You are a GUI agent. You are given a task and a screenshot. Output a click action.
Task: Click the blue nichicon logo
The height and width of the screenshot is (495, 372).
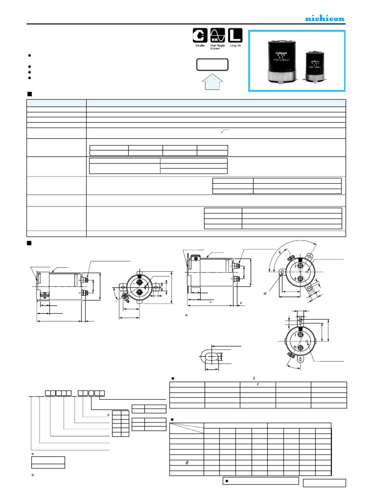pyautogui.click(x=325, y=18)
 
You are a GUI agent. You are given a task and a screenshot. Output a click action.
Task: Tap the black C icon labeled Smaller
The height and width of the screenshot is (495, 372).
pyautogui.click(x=199, y=35)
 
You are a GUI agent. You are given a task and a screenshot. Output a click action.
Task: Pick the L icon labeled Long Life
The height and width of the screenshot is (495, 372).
pyautogui.click(x=234, y=35)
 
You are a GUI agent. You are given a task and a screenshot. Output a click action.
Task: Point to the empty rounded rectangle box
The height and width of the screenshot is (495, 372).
pyautogui.click(x=212, y=65)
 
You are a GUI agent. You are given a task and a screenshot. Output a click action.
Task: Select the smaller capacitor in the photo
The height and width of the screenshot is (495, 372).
pyautogui.click(x=315, y=67)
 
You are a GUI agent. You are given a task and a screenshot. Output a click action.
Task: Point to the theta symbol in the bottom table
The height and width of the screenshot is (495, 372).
pyautogui.click(x=187, y=463)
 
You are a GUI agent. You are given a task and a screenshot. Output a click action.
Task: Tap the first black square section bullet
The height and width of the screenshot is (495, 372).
pyautogui.click(x=29, y=93)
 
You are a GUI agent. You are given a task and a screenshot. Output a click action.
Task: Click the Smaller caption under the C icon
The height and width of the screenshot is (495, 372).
pyautogui.click(x=199, y=45)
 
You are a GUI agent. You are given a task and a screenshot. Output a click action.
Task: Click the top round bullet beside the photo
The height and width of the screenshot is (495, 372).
pyautogui.click(x=30, y=55)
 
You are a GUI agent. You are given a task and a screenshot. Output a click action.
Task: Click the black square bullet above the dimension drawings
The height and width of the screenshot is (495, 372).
pyautogui.click(x=29, y=242)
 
